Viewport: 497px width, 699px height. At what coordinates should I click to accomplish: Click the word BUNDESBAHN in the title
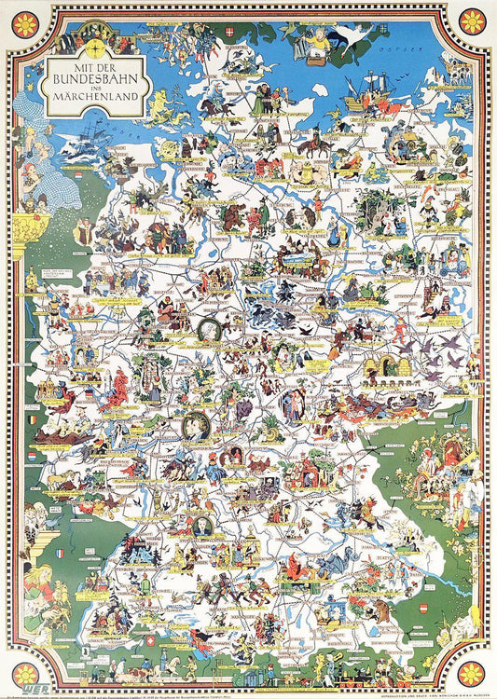click(x=95, y=79)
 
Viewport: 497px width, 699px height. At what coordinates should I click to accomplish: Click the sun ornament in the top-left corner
click(x=25, y=22)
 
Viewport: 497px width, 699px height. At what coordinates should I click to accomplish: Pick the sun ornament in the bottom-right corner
click(x=472, y=672)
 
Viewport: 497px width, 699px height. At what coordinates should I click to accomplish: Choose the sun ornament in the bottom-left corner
click(x=25, y=672)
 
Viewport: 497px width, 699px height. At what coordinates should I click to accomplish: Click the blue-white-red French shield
click(x=61, y=553)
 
